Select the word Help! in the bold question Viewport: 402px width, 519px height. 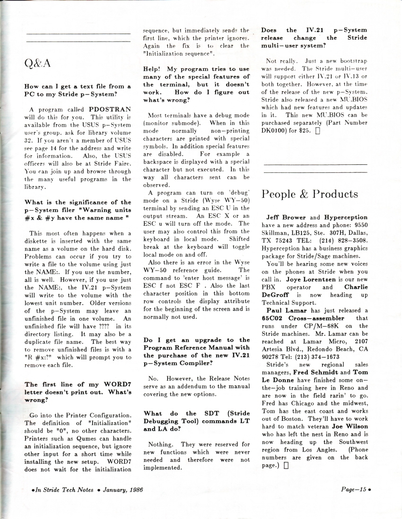(154, 69)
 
